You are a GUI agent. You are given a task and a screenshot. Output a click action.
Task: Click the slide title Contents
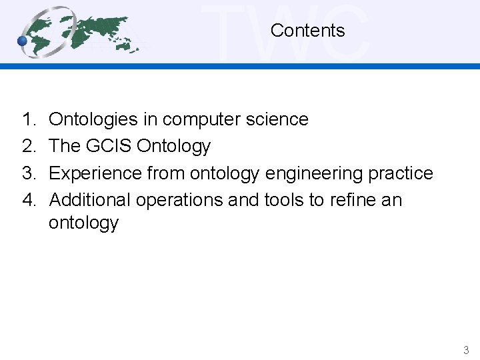(307, 31)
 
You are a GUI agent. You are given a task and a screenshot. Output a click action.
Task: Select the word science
(279, 120)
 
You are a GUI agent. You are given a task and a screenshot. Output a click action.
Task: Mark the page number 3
(466, 350)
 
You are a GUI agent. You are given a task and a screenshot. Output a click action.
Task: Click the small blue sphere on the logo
(23, 41)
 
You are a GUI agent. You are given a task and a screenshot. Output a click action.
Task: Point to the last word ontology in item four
(83, 223)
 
